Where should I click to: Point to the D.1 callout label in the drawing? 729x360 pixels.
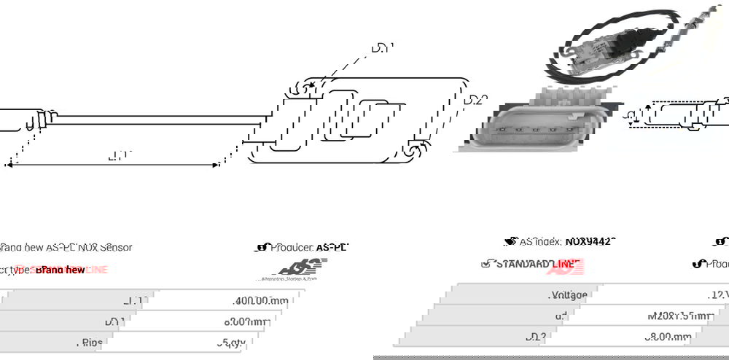click(382, 49)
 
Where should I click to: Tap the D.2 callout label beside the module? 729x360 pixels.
click(475, 100)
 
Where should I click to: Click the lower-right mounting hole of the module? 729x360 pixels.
click(413, 150)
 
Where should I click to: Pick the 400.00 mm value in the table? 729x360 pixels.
click(261, 300)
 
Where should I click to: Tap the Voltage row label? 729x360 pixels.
click(568, 295)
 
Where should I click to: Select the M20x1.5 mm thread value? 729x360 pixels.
click(679, 316)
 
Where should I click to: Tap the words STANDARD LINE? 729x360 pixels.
click(538, 263)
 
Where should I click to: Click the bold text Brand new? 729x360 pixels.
click(70, 270)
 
